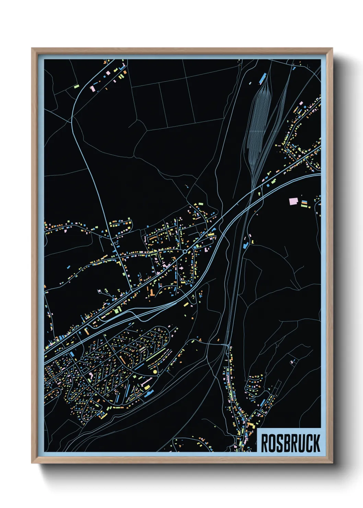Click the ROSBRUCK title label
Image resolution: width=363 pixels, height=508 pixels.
pos(290,443)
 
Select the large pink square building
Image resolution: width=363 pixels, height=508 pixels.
pos(293,201)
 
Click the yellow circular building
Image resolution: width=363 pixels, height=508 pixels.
pos(155,371)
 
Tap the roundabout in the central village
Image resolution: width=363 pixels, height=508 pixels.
pos(185,252)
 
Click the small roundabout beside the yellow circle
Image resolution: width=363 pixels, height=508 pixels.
pos(159,376)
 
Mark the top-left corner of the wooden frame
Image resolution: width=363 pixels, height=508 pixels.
pos(32,49)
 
